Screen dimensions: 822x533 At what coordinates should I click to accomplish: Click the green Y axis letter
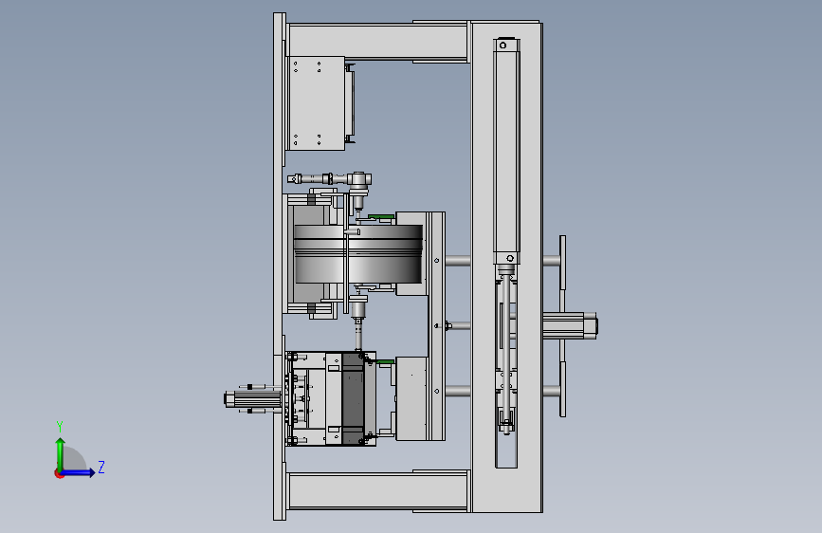click(60, 426)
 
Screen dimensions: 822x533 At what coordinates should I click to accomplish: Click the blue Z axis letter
click(101, 467)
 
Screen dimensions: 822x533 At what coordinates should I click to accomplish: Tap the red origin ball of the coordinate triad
click(59, 473)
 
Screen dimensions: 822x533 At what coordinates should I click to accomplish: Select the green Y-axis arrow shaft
click(61, 456)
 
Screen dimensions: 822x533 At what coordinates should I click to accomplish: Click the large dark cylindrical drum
click(358, 254)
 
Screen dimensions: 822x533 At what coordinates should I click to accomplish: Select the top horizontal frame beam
click(377, 42)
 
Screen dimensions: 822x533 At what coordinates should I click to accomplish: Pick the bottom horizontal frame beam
click(377, 490)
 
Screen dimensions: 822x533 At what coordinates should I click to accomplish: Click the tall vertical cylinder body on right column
click(506, 152)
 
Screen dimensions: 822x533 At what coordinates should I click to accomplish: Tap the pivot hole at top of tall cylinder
click(503, 46)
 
